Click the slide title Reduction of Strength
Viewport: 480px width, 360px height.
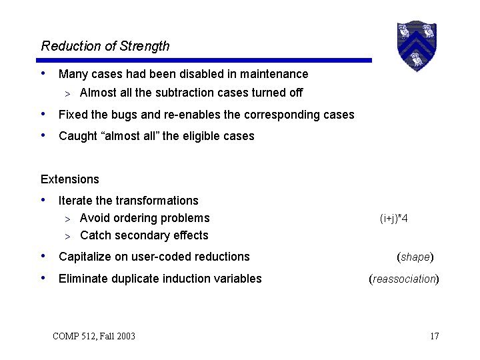105,46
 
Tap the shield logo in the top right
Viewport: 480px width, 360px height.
416,46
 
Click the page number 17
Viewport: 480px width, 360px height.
434,336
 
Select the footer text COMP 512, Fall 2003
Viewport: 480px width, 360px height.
93,336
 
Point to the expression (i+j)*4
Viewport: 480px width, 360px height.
394,219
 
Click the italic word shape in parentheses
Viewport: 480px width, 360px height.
415,257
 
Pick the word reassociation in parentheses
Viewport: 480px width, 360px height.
404,279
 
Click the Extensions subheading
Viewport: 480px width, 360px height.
70,179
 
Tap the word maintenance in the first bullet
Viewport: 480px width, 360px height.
275,74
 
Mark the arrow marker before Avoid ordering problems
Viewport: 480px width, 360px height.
68,219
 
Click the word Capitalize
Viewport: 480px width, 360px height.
84,257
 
